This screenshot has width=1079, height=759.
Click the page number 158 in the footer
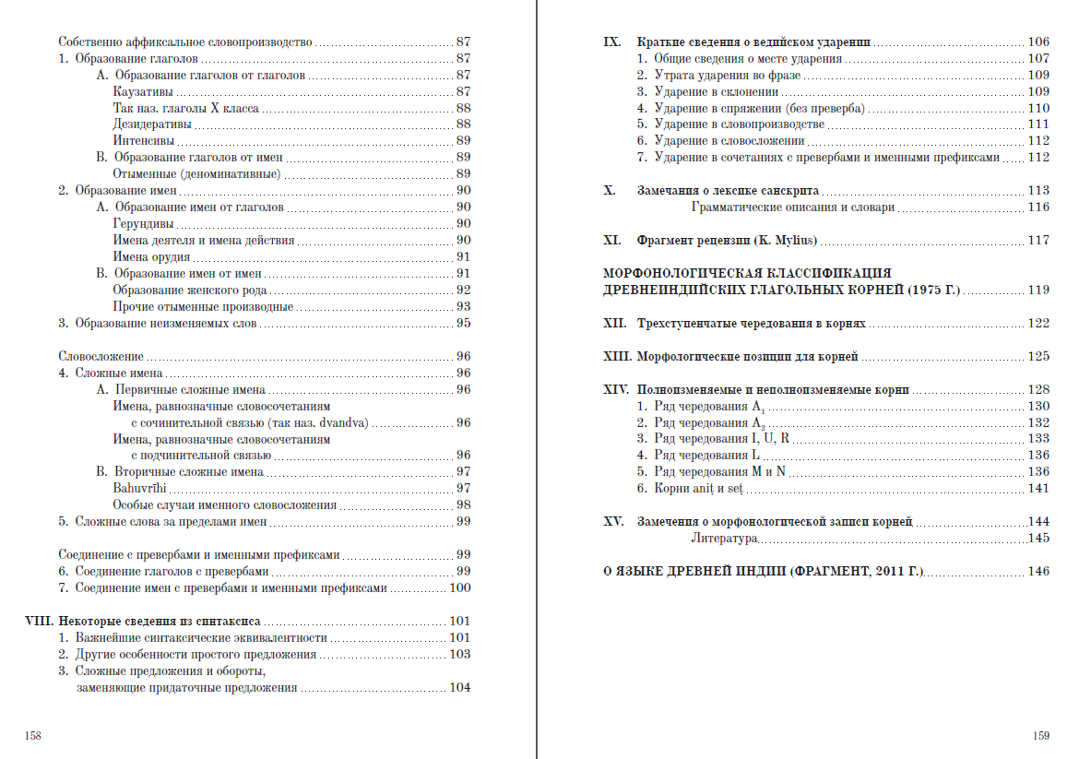[x=33, y=736]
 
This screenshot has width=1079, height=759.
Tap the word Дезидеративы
[x=152, y=125]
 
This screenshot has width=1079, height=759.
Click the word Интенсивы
[x=143, y=141]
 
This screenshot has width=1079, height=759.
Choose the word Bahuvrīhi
[x=139, y=489]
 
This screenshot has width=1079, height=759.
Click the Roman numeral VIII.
[x=41, y=622]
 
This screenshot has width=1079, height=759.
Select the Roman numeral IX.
[x=612, y=42]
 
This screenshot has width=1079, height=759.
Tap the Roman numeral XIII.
[x=615, y=356]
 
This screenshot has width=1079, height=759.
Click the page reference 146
[x=1038, y=572]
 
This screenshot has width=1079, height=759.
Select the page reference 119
[x=1038, y=290]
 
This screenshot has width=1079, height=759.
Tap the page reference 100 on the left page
[x=459, y=588]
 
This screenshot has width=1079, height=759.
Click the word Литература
[x=724, y=539]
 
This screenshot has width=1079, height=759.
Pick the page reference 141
[x=1038, y=489]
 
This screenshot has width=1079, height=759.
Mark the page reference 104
[x=459, y=688]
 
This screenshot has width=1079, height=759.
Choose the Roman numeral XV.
[x=614, y=522]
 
